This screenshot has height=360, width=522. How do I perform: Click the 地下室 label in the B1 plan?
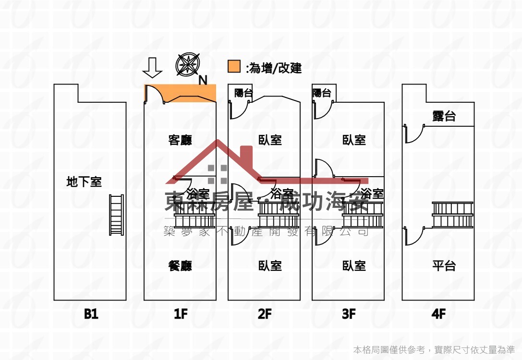(x=84, y=182)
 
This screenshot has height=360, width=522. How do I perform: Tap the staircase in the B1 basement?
(x=116, y=215)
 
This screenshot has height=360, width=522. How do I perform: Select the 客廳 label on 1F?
(x=180, y=140)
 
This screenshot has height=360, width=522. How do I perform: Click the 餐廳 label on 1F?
(x=180, y=265)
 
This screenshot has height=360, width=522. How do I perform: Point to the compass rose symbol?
(x=187, y=65)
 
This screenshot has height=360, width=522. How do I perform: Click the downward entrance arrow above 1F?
(x=153, y=68)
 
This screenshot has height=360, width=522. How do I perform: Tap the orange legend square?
(x=234, y=67)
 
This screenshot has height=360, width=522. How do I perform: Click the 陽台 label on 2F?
(x=243, y=93)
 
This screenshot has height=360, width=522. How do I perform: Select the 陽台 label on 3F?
(x=321, y=93)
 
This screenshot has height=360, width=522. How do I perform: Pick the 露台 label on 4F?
(x=444, y=116)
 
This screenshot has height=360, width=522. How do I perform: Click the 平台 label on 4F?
(x=444, y=265)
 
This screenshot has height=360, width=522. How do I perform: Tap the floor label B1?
(x=91, y=314)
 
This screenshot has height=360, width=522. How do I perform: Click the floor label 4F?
(x=438, y=314)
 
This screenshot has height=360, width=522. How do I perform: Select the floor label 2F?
(x=265, y=314)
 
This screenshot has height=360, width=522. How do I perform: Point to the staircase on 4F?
(x=452, y=215)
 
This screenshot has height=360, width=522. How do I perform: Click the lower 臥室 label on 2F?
(x=270, y=265)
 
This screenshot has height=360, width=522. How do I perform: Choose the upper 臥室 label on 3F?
(x=354, y=140)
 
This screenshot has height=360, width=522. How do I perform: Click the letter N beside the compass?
(x=203, y=80)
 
